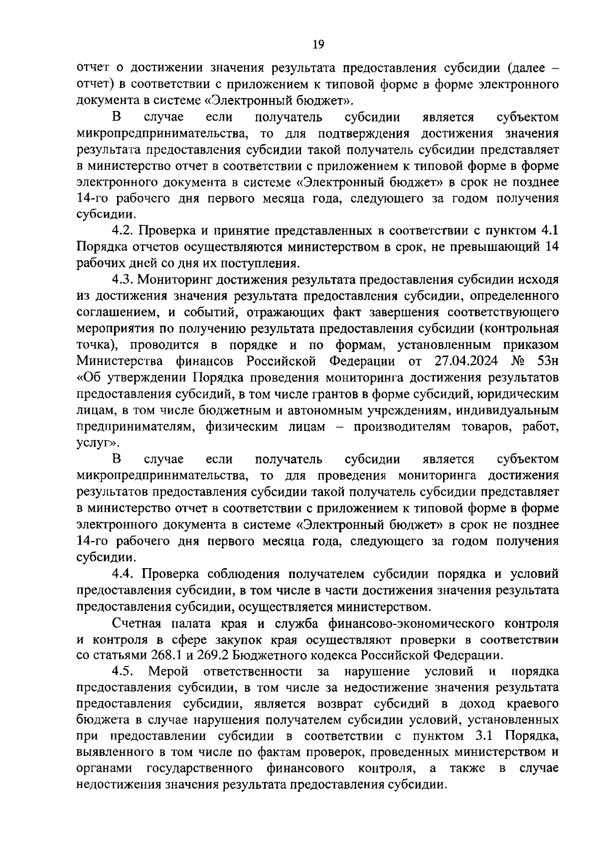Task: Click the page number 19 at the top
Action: [x=318, y=45]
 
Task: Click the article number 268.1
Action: [x=151, y=655]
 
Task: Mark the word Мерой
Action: [x=168, y=671]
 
